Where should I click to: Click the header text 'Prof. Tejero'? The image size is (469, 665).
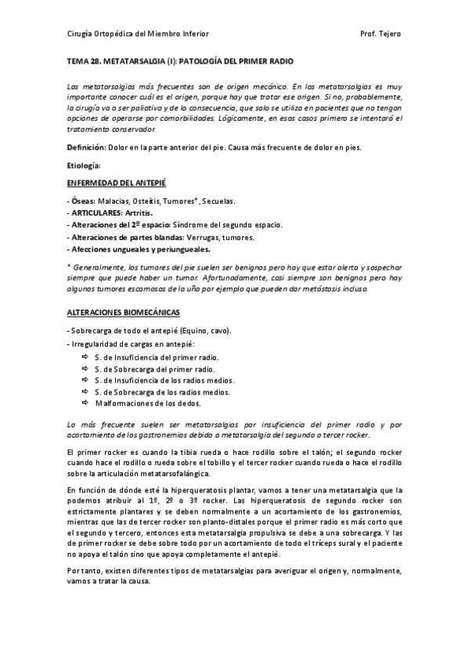[x=381, y=35]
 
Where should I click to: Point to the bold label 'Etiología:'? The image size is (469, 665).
[x=85, y=165]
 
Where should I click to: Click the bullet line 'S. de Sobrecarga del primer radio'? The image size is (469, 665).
[x=156, y=368]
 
